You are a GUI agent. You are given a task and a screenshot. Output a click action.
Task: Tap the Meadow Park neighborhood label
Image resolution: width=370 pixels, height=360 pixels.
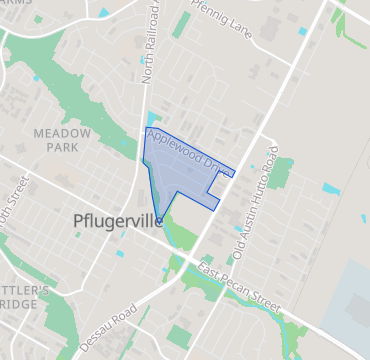click(62, 140)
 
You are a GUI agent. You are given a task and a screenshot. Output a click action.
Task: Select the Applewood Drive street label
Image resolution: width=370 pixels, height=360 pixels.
click(189, 152)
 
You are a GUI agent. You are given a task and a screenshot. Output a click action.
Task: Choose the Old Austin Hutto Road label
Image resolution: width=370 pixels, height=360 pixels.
click(255, 206)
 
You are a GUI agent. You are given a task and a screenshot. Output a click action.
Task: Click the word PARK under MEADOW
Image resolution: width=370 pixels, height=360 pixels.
click(62, 147)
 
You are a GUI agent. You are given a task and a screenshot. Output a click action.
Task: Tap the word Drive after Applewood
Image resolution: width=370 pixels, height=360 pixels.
click(217, 166)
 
